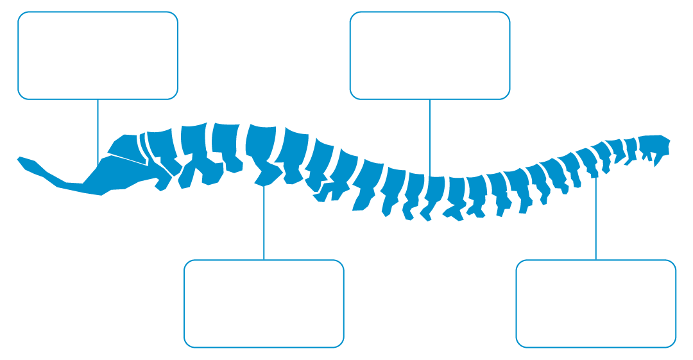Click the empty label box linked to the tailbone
(x=98, y=55)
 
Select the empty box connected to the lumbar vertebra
(x=264, y=304)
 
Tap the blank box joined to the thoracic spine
(x=429, y=55)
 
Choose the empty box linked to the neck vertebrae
(x=595, y=304)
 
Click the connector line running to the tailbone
(x=98, y=128)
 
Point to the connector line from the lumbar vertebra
(x=264, y=221)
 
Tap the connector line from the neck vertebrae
(x=595, y=218)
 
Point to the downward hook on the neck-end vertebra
(x=656, y=160)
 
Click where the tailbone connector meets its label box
(x=98, y=99)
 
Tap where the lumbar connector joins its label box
(x=264, y=260)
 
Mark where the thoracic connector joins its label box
(x=429, y=99)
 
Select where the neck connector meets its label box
(x=595, y=260)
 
